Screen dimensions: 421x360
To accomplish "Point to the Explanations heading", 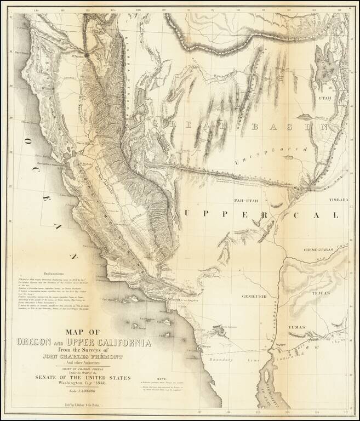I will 50,270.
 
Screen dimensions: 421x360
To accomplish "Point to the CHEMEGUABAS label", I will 325,250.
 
